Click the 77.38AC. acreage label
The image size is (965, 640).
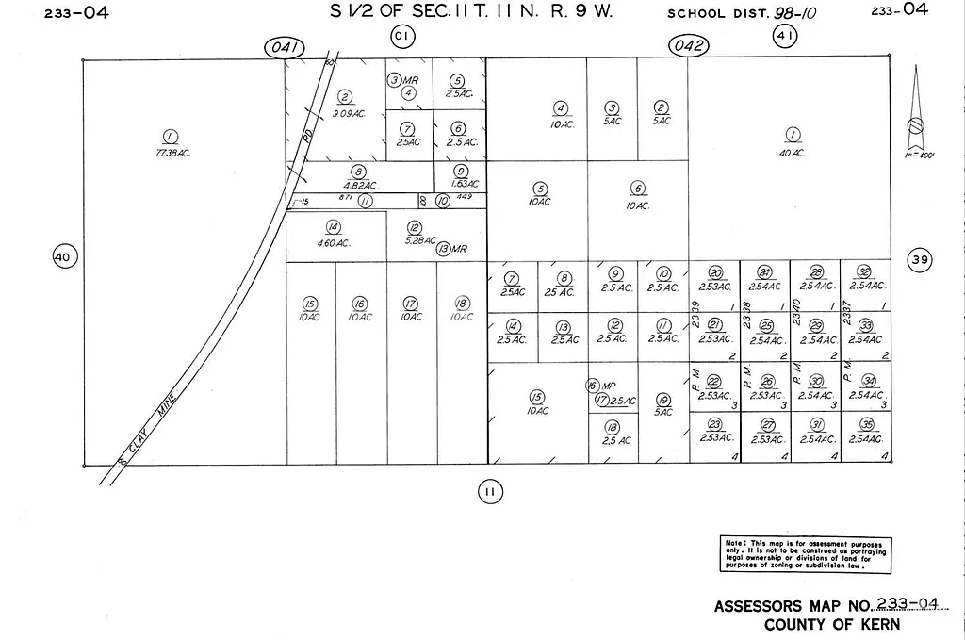pos(172,153)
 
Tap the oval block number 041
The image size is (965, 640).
pos(284,47)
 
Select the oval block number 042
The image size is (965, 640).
pos(689,47)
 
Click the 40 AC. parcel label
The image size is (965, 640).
pos(792,153)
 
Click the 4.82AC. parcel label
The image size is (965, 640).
pos(358,186)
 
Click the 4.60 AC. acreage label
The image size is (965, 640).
pos(333,243)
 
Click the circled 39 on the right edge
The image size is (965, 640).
pos(919,259)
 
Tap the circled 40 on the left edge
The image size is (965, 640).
pos(63,256)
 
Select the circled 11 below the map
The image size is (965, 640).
pos(489,490)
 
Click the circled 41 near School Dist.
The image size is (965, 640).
pos(785,37)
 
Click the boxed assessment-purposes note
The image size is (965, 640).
pos(805,554)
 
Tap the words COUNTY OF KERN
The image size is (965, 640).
pos(831,624)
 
